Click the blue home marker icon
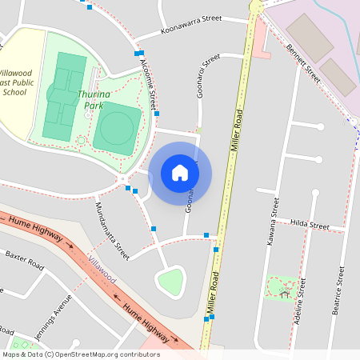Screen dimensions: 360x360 tap(180, 173)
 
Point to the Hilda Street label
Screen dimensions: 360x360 tap(309, 224)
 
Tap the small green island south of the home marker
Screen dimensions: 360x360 tap(170, 282)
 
